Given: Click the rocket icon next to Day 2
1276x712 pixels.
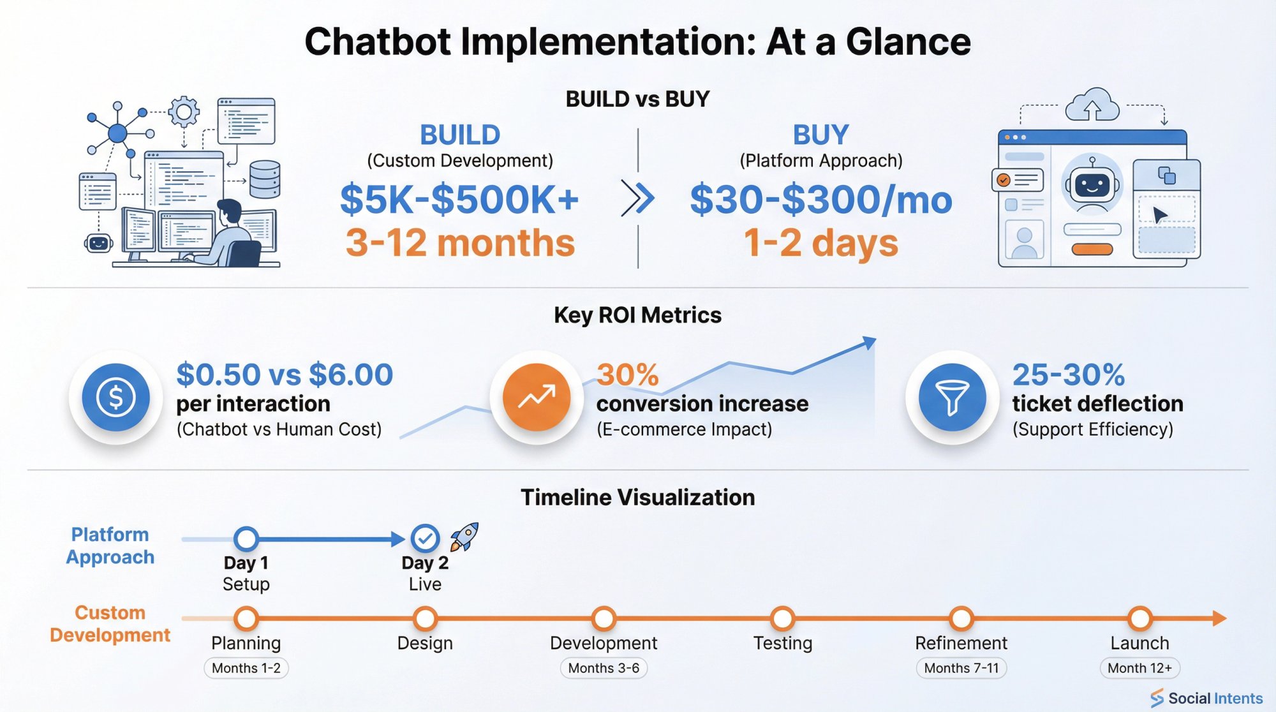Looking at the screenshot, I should tap(464, 537).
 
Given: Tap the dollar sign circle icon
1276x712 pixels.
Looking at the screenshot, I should tap(115, 397).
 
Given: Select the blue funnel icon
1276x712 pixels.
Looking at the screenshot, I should tap(952, 397).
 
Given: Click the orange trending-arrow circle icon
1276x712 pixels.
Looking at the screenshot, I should tap(537, 397).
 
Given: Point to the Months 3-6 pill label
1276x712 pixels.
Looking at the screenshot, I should tap(604, 668).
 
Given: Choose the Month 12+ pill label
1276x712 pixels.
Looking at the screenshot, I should tap(1139, 668).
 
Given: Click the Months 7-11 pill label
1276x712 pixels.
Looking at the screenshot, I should tap(961, 668).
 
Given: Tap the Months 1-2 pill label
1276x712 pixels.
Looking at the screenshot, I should tap(246, 668).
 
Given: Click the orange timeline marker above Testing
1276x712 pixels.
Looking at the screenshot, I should tap(782, 618).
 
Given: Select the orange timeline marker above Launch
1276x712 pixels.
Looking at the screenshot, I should tap(1139, 618).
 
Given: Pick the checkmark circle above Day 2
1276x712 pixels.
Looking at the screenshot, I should tap(425, 538).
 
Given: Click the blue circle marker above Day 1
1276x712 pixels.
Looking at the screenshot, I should tap(246, 538).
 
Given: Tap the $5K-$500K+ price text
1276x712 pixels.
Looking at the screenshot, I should tap(459, 200).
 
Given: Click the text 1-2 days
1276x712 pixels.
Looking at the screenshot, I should tap(821, 243).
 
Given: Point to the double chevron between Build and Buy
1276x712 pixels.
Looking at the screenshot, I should tap(638, 198).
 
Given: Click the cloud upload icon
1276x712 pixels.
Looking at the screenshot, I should tap(1092, 105).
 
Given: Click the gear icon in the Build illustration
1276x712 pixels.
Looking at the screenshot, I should tap(184, 112).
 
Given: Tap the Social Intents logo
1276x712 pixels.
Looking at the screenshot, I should tap(1207, 698).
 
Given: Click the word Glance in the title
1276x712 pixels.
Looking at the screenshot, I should tap(908, 42).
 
